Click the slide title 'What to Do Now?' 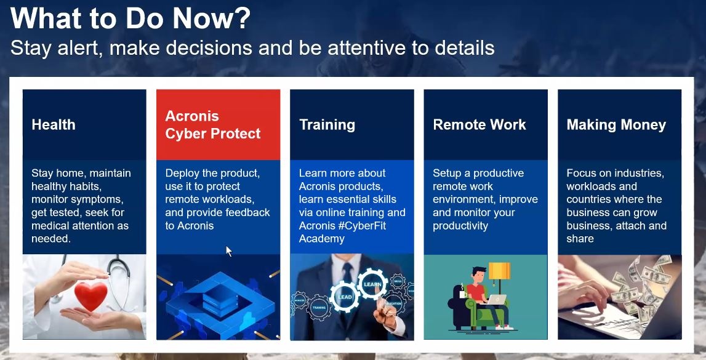(x=130, y=18)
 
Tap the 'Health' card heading (x=54, y=125)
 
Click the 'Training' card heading (x=327, y=125)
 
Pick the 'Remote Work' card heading (x=479, y=125)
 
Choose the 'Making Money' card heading (x=616, y=125)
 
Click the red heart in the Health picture (x=91, y=295)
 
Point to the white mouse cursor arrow (x=229, y=251)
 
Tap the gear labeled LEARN (x=372, y=284)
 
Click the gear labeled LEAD (x=345, y=297)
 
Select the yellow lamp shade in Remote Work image (x=499, y=271)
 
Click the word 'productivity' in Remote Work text (x=460, y=226)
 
